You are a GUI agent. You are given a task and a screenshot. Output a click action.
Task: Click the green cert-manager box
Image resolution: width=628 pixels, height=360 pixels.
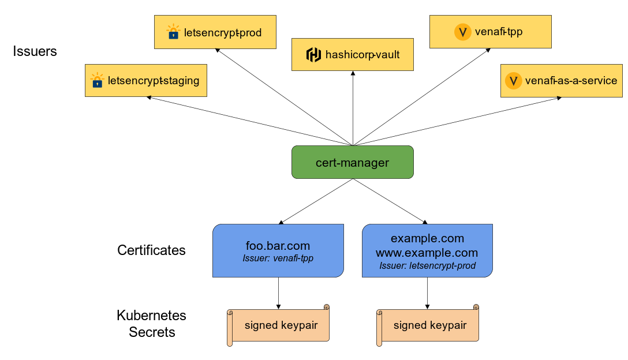352,162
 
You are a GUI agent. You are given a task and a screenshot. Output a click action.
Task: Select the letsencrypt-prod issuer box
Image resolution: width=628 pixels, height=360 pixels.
214,32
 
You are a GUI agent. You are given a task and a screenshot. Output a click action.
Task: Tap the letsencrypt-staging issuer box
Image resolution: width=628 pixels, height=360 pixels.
145,80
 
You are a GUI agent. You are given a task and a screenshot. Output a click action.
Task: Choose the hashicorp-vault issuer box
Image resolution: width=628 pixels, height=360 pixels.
352,55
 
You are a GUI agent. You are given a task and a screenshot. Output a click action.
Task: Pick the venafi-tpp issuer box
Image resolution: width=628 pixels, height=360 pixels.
490,32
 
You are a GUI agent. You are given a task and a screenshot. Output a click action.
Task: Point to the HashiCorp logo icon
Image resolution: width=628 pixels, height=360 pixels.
313,55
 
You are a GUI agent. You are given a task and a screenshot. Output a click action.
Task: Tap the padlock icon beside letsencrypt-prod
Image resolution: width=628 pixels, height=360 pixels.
173,32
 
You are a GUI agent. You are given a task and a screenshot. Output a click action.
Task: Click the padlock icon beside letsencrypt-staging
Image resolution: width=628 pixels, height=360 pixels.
97,80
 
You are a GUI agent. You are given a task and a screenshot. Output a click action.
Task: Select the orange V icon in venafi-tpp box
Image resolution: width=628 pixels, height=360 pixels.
463,32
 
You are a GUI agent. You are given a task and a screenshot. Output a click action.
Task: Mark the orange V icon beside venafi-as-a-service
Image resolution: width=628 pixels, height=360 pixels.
513,81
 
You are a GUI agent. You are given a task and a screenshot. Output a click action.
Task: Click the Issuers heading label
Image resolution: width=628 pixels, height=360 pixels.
35,51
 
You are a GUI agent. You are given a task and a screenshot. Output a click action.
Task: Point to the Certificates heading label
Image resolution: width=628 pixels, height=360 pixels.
151,250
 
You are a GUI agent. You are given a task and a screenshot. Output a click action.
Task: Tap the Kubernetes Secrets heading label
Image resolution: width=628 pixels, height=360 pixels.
151,324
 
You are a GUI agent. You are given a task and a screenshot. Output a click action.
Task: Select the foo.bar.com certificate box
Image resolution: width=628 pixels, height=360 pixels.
278,250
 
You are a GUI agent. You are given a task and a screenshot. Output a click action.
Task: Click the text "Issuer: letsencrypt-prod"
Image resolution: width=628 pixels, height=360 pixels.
427,266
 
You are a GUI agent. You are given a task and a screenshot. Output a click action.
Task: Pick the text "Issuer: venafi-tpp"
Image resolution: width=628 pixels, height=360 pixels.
278,258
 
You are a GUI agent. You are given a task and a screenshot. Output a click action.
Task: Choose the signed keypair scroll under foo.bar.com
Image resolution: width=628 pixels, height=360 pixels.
279,325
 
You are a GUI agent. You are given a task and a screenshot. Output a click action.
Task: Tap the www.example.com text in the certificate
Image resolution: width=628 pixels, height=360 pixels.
427,253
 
